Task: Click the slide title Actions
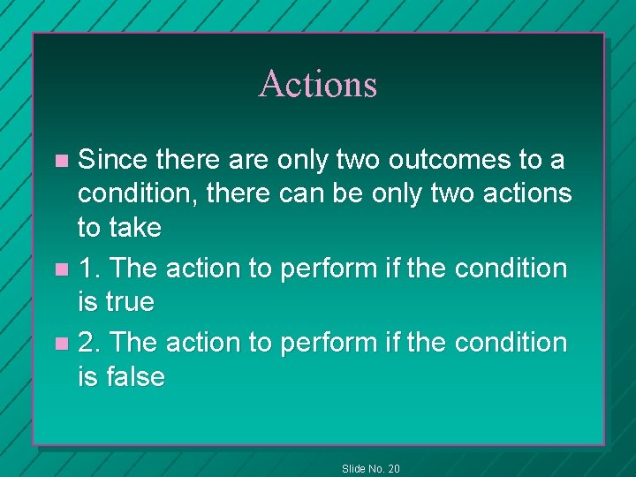click(318, 84)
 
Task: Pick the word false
click(134, 377)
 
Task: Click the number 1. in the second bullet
click(89, 267)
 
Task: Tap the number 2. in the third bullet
click(89, 341)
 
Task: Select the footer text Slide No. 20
click(370, 468)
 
